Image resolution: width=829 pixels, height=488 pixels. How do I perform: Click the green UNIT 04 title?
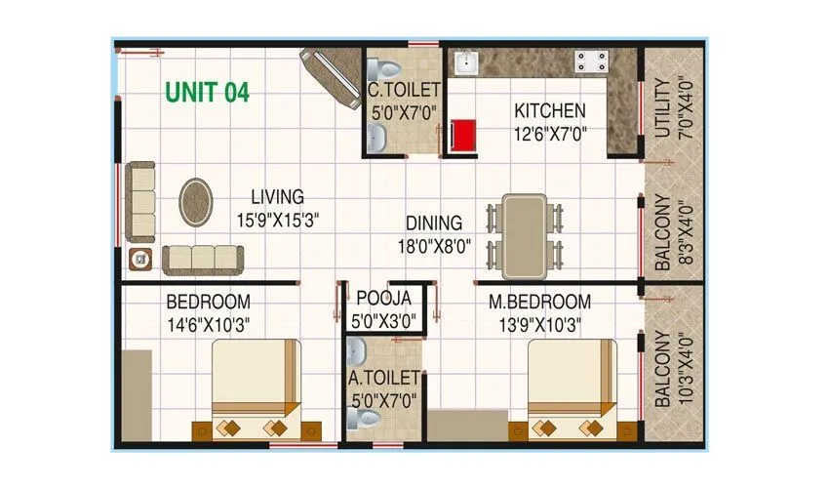207,93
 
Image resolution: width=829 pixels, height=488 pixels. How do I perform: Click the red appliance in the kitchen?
463,137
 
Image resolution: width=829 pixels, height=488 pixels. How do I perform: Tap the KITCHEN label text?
550,111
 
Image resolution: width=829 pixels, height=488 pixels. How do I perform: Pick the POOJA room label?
383,298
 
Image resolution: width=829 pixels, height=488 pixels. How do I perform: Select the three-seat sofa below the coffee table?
203,260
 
